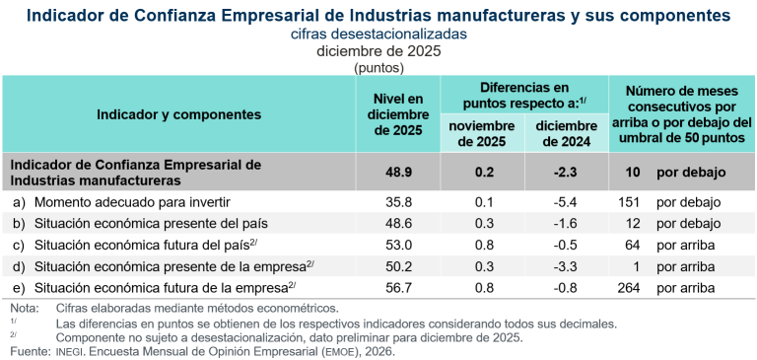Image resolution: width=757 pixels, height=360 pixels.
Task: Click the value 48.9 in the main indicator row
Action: pyautogui.click(x=398, y=172)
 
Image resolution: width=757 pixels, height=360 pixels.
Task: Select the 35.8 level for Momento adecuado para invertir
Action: pyautogui.click(x=398, y=202)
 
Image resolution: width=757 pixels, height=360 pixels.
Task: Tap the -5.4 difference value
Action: pyautogui.click(x=566, y=202)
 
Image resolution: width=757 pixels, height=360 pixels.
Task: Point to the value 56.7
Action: pyautogui.click(x=398, y=288)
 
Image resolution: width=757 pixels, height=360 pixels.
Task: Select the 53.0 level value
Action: pyautogui.click(x=398, y=245)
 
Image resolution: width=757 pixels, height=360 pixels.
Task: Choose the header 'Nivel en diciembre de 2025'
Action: pyautogui.click(x=398, y=114)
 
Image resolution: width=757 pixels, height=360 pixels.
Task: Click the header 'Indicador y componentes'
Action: pyautogui.click(x=178, y=114)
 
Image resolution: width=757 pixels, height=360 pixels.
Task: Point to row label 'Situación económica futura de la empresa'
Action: pyautogui.click(x=162, y=288)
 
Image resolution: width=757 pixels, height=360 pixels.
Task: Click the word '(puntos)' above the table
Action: pyautogui.click(x=378, y=68)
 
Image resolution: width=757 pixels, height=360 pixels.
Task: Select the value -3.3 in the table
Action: pyautogui.click(x=566, y=266)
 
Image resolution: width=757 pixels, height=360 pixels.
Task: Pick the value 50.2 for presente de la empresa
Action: pyautogui.click(x=398, y=266)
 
